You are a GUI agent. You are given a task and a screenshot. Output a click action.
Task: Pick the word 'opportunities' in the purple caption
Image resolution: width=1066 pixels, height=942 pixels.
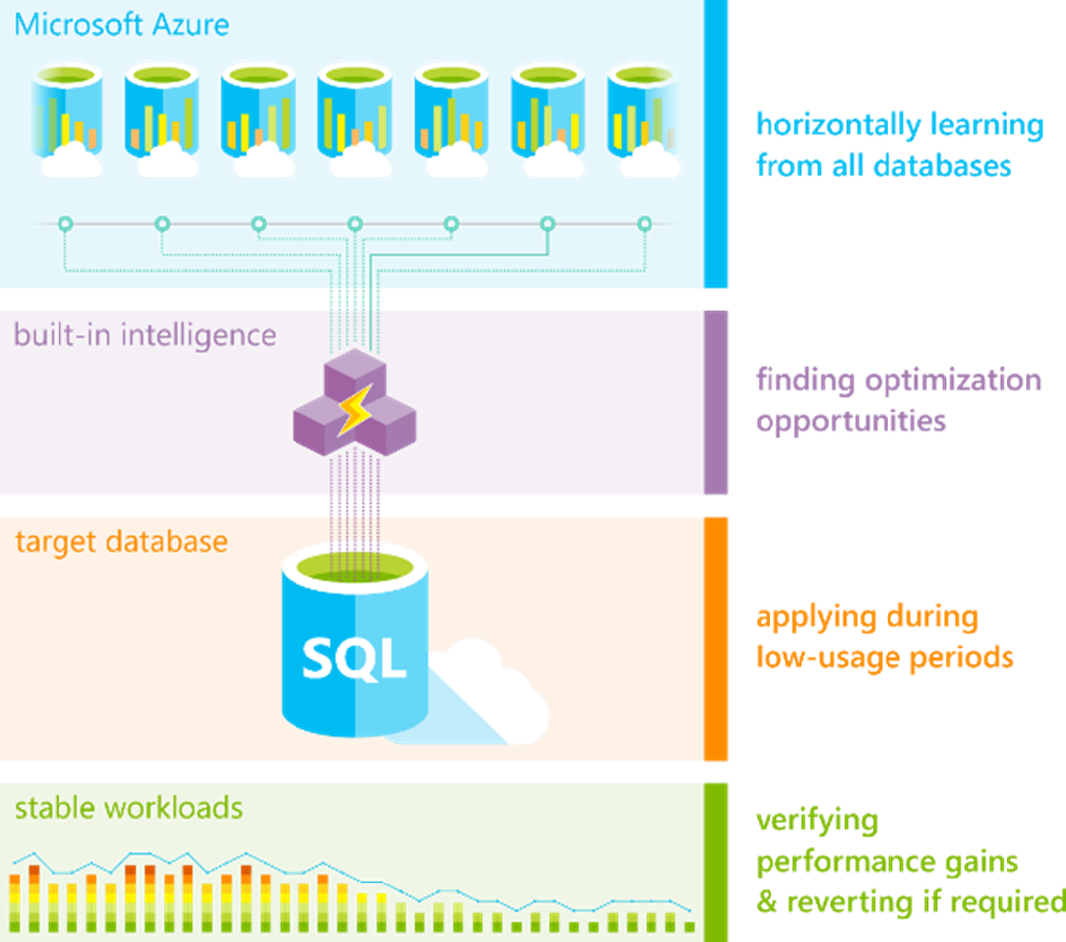pos(850,420)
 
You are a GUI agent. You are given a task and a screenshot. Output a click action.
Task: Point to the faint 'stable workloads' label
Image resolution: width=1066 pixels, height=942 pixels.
pos(128,808)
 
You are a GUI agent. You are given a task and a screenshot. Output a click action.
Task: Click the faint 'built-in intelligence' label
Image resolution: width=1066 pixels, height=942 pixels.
pos(143,335)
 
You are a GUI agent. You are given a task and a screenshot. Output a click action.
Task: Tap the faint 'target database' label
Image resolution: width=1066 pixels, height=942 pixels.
pos(120,542)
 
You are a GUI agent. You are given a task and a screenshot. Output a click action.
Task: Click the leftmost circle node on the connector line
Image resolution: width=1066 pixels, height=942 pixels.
pos(65,224)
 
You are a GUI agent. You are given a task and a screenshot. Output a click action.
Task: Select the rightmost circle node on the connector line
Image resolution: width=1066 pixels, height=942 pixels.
pos(644,224)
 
